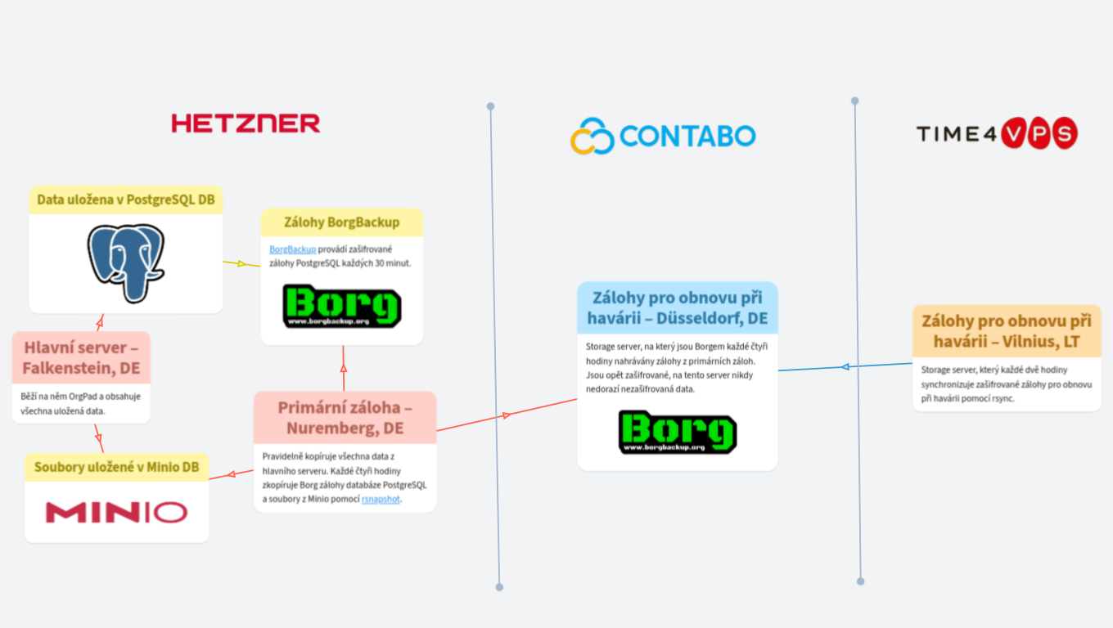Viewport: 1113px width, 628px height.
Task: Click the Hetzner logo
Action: point(246,123)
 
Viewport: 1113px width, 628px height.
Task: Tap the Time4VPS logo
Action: point(996,133)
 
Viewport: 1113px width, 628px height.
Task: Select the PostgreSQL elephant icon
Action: point(126,262)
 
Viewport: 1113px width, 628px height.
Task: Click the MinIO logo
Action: point(116,513)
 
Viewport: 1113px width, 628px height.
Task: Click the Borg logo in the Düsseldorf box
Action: point(677,433)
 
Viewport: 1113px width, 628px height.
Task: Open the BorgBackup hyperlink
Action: point(292,249)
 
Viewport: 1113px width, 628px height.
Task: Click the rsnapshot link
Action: point(381,499)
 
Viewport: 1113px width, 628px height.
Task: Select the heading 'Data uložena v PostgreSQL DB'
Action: point(126,200)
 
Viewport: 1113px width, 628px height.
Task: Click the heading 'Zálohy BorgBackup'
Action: point(342,222)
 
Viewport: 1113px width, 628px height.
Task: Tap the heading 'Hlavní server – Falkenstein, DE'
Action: point(81,358)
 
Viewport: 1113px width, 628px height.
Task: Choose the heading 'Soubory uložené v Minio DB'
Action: point(116,468)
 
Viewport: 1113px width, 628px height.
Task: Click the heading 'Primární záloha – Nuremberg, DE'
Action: point(345,418)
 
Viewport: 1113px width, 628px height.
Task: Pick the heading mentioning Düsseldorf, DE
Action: point(677,307)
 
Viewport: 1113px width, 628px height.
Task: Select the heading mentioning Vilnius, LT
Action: point(1007,331)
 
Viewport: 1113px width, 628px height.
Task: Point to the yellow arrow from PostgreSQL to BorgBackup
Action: point(241,263)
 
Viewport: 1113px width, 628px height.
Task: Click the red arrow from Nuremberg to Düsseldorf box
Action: point(506,415)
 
